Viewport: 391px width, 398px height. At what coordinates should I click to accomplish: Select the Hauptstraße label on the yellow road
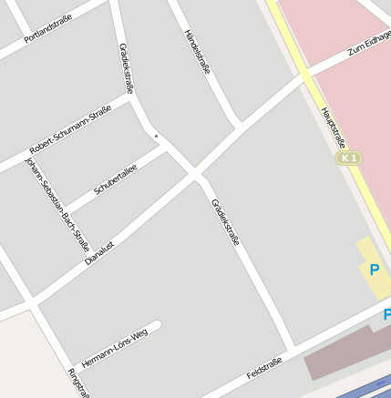coord(333,128)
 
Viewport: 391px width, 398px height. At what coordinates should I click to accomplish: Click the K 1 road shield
coord(347,158)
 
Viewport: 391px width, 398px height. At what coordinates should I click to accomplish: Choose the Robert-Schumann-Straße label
coord(70,131)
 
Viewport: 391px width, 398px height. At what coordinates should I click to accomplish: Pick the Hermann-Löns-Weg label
coord(114,347)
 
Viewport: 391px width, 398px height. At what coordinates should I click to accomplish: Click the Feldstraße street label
coord(264,369)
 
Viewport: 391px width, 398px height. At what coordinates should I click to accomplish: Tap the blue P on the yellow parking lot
coord(374,270)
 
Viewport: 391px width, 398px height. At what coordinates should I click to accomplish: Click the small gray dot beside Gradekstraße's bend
coord(156,137)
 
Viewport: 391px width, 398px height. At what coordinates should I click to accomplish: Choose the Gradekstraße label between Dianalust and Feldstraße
coord(225,222)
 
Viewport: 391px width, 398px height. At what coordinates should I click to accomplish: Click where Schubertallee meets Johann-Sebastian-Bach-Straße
coord(67,210)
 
